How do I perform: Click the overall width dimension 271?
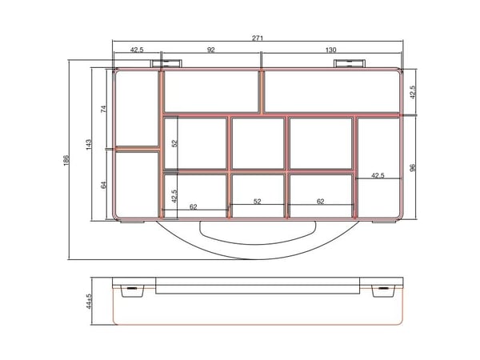[x=258, y=38]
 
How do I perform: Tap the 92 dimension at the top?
[x=211, y=50]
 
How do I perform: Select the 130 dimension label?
[x=331, y=50]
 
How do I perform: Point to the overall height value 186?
[x=66, y=161]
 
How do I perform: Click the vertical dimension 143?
[x=89, y=145]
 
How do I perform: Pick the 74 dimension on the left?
[x=103, y=109]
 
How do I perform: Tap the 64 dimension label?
[x=103, y=186]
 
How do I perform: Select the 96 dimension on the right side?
[x=413, y=168]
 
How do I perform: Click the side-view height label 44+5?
[x=89, y=302]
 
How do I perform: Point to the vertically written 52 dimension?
[x=174, y=143]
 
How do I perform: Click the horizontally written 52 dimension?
[x=258, y=201]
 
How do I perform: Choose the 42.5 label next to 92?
[x=137, y=50]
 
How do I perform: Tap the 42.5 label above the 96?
[x=413, y=92]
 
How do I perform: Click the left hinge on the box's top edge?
[x=166, y=64]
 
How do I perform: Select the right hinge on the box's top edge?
[x=349, y=64]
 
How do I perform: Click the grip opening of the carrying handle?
[x=257, y=234]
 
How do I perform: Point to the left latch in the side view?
[x=132, y=290]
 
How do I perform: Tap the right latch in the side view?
[x=383, y=290]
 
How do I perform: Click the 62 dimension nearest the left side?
[x=193, y=206]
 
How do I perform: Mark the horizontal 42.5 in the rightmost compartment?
[x=378, y=175]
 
